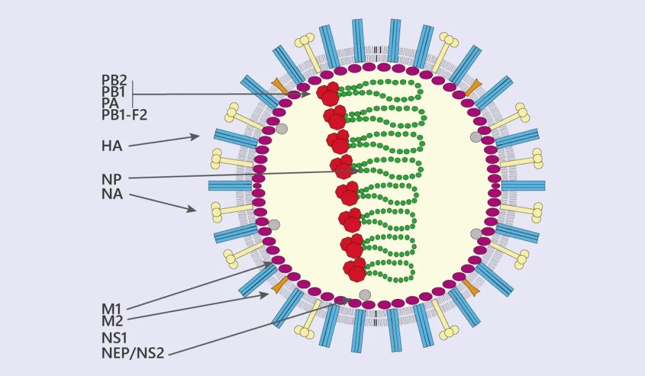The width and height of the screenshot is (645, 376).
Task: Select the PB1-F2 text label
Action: [124, 115]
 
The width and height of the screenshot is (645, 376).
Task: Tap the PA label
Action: [110, 103]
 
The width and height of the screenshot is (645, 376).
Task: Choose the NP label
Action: [111, 178]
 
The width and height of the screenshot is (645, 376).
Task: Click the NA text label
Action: [112, 193]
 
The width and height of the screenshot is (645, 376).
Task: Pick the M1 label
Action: [111, 309]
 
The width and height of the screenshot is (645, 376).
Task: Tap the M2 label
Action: [112, 321]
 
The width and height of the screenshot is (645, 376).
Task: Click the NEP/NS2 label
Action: [132, 353]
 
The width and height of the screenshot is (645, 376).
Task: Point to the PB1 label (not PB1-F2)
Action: [113, 91]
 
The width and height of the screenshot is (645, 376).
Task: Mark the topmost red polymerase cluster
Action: [328, 94]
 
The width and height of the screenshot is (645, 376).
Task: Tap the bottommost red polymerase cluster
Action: [355, 270]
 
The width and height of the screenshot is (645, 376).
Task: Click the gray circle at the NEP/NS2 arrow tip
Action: [364, 294]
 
